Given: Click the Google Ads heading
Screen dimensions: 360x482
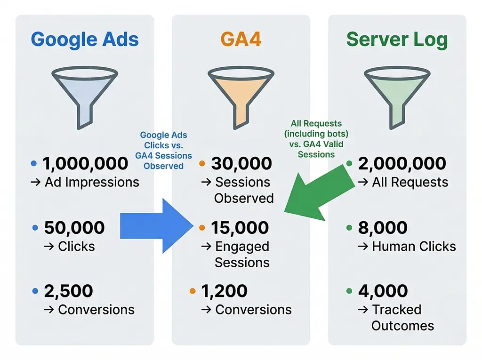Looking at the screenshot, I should pyautogui.click(x=85, y=39).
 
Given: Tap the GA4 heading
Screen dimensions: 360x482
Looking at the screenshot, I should pyautogui.click(x=241, y=39).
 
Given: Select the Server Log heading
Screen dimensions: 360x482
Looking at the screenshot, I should pyautogui.click(x=397, y=39).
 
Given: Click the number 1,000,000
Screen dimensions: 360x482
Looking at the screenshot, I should pyautogui.click(x=85, y=164).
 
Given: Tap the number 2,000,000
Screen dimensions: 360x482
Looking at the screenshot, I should pyautogui.click(x=402, y=164).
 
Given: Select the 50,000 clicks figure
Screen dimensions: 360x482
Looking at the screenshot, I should pyautogui.click(x=74, y=228).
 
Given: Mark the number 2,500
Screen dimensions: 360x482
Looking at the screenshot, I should pyautogui.click(x=69, y=291).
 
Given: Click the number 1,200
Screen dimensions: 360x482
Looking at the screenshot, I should pyautogui.click(x=224, y=291).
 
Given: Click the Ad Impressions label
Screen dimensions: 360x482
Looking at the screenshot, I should pyautogui.click(x=92, y=183).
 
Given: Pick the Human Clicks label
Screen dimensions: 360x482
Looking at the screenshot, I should pyautogui.click(x=414, y=247).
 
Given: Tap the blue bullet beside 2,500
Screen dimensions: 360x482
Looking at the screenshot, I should pyautogui.click(x=34, y=292).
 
